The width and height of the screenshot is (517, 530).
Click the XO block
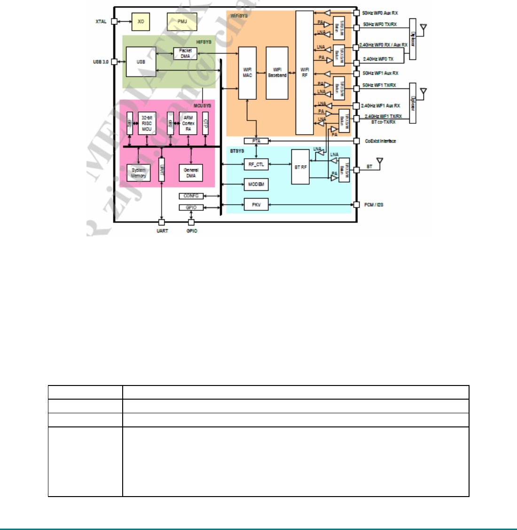141,22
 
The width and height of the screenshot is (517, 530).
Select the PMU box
182,22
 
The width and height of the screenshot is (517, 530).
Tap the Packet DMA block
185,53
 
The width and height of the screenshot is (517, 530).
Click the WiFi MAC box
247,73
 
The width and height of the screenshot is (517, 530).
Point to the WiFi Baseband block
277,73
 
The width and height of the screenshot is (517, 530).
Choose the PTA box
256,141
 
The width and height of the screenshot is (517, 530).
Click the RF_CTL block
256,164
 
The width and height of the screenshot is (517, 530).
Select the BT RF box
300,167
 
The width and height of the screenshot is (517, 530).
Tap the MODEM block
256,185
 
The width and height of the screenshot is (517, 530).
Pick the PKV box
256,205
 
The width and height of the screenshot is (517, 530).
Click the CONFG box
191,196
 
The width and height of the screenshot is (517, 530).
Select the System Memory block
139,173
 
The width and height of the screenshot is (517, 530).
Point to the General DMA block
191,173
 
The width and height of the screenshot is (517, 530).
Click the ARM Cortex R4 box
188,123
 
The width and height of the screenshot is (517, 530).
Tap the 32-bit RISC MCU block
147,123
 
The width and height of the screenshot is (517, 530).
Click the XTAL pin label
101,22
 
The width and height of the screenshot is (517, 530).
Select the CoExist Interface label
380,141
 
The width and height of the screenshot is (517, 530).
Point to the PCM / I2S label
374,205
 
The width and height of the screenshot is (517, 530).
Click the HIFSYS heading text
204,42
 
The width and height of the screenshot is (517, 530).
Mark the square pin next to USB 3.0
114,62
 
